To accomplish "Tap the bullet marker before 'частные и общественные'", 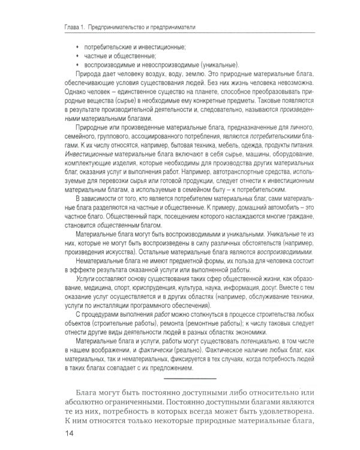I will (77, 56).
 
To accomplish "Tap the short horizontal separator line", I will (190, 379).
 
